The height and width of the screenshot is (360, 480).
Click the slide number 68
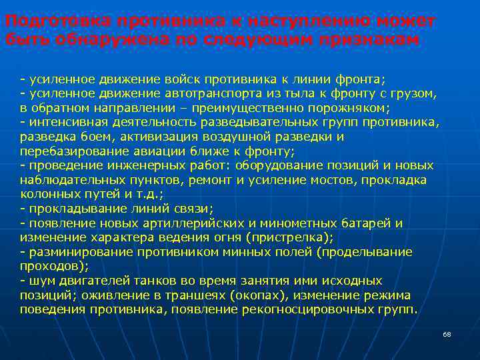point(447,333)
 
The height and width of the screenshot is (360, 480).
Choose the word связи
point(193,209)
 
